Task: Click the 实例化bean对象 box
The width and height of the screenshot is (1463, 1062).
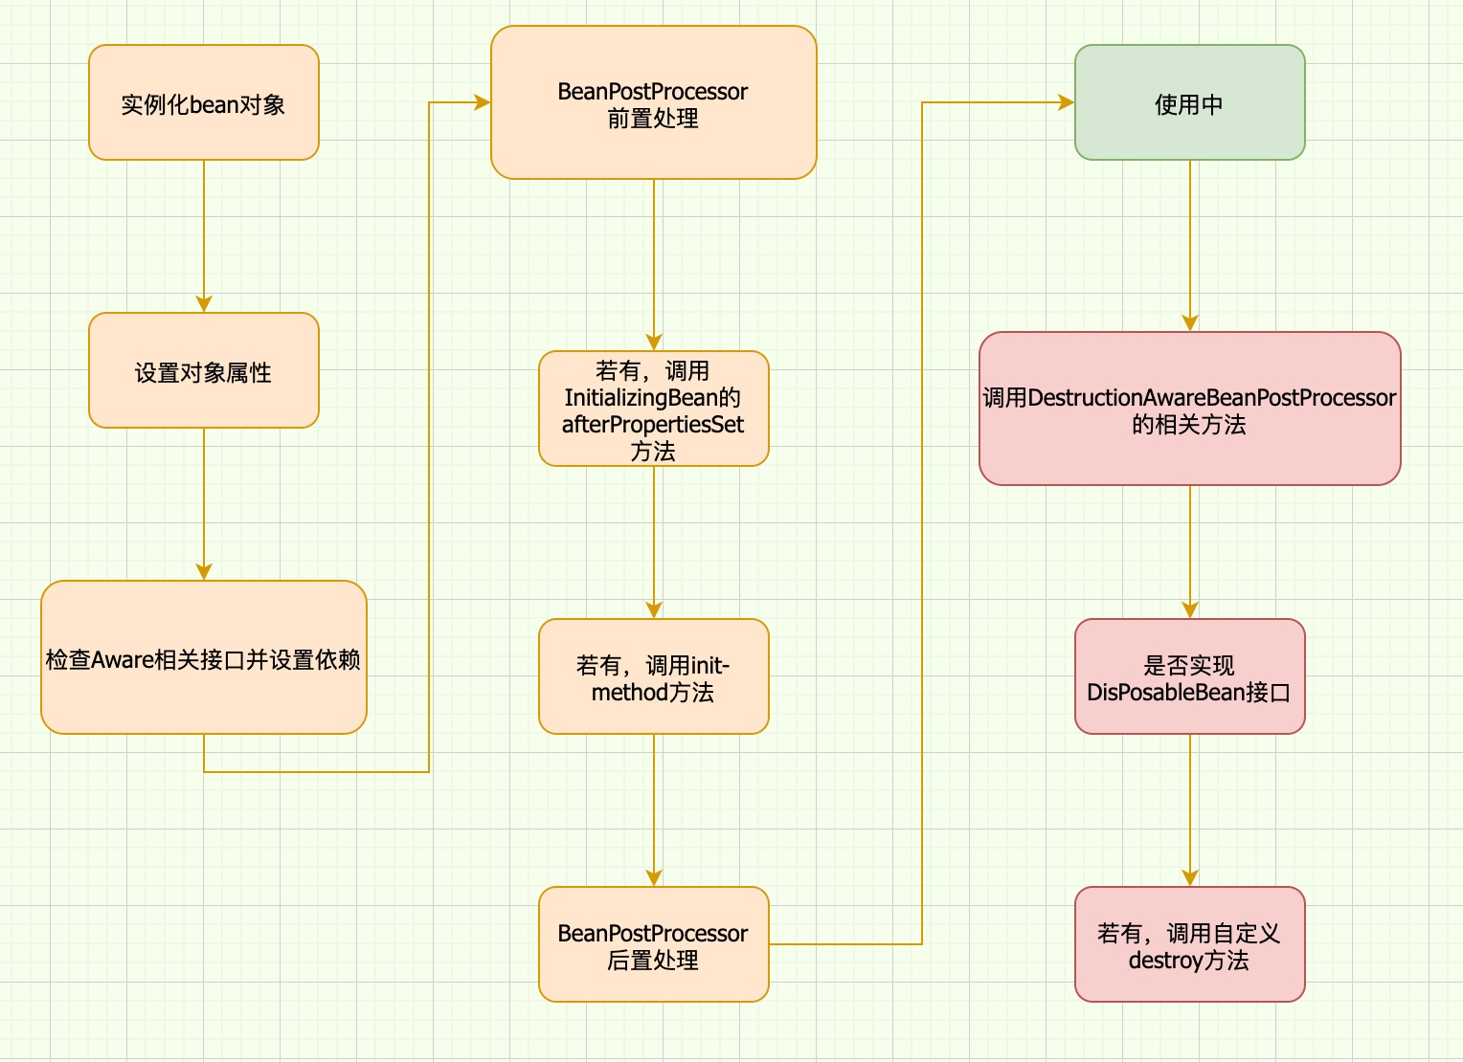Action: click(203, 102)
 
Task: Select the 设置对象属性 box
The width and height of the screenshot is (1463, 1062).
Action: click(203, 370)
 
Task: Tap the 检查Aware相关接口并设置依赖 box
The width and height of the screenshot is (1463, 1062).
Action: click(203, 657)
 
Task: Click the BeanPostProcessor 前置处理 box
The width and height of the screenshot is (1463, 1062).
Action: click(653, 102)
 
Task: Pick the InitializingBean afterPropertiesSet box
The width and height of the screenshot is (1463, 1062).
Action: click(653, 409)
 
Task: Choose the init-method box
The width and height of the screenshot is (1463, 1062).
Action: click(653, 676)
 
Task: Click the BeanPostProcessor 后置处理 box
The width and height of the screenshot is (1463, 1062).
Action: click(653, 944)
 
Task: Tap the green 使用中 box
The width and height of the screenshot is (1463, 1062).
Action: click(1189, 102)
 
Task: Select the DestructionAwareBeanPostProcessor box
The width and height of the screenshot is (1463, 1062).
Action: click(1189, 409)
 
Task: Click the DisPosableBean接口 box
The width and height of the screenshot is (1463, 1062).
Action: click(1189, 676)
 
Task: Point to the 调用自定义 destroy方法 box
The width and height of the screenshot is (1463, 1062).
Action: click(1189, 944)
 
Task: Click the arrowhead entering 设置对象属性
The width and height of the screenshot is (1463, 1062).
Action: click(204, 304)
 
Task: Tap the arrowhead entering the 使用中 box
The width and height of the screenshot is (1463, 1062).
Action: click(1066, 102)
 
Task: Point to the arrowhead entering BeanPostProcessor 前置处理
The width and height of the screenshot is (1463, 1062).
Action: click(482, 102)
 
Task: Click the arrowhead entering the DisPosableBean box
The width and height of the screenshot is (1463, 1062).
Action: click(1190, 610)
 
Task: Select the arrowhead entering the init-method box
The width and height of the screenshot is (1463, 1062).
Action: click(654, 610)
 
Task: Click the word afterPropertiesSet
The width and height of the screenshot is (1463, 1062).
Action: click(653, 425)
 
